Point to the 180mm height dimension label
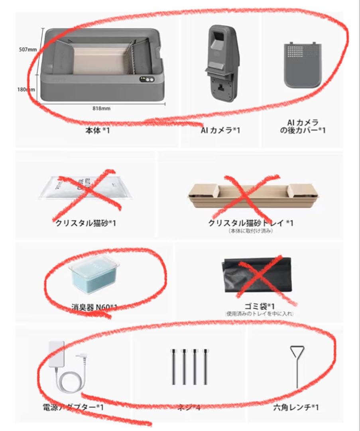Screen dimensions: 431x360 click(25, 89)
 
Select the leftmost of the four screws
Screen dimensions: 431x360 click(174, 367)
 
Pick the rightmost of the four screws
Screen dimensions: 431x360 click(205, 367)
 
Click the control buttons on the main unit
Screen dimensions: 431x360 click(146, 79)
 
